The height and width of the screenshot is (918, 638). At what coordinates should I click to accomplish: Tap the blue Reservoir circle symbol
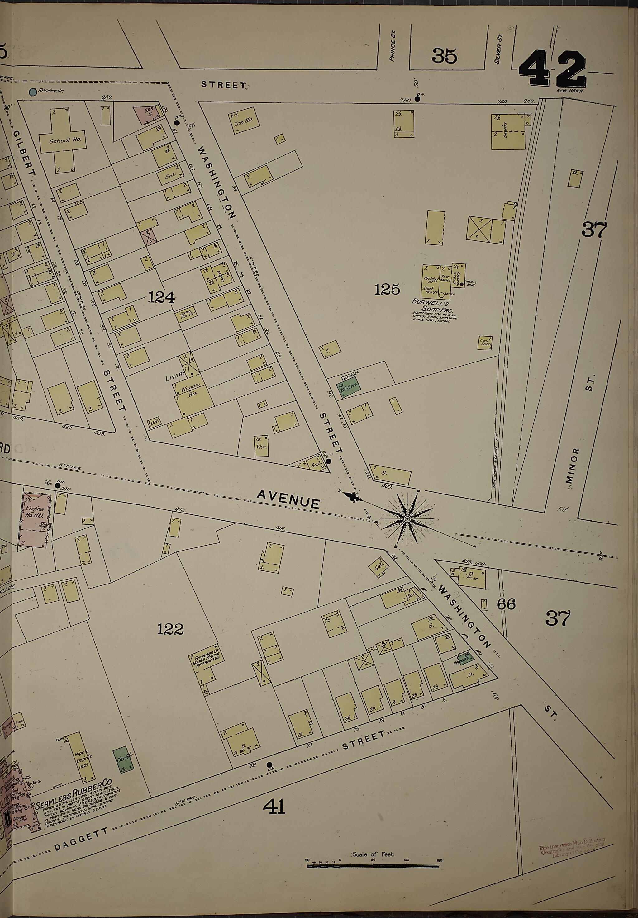[33, 92]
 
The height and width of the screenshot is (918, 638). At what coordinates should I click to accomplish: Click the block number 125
[387, 289]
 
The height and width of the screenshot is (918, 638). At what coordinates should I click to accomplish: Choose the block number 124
[161, 297]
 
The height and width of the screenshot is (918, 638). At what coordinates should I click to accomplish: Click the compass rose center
[407, 519]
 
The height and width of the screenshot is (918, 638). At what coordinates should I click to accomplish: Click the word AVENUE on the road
[288, 499]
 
